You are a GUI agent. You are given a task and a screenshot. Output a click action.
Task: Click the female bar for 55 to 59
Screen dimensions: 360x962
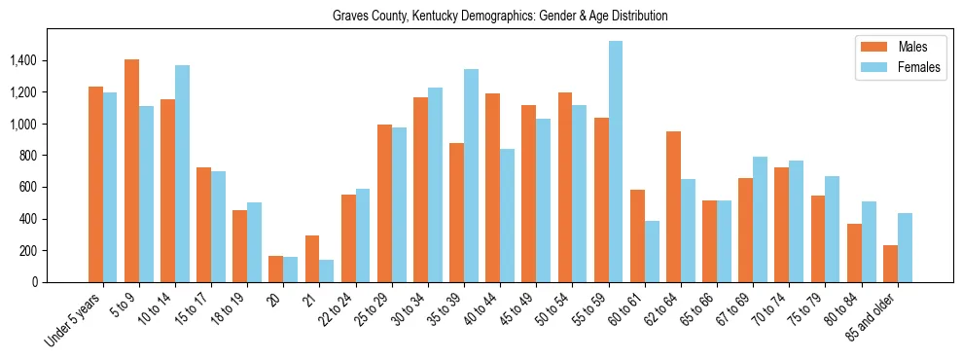[x=616, y=162]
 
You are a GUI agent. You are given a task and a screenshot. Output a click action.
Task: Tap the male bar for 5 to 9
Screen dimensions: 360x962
[x=131, y=171]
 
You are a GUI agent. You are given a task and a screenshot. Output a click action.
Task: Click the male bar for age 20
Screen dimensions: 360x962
[x=275, y=270]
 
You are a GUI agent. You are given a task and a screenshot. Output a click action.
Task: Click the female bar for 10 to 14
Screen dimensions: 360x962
[x=182, y=174]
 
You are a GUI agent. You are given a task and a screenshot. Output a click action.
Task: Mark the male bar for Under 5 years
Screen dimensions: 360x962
[x=95, y=185]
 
